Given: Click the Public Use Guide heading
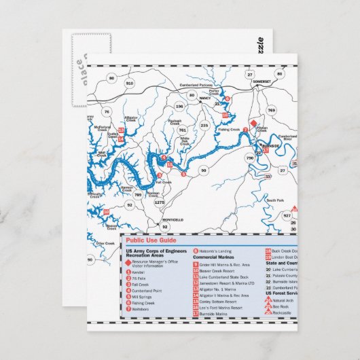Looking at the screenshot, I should pyautogui.click(x=151, y=240).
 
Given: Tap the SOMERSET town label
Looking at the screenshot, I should pyautogui.click(x=261, y=82).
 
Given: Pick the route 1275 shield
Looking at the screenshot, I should pyautogui.click(x=160, y=202).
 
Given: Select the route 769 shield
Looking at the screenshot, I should pyautogui.click(x=271, y=109).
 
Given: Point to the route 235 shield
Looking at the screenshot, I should pyautogui.click(x=204, y=125).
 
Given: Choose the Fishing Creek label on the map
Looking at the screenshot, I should pyautogui.click(x=230, y=129).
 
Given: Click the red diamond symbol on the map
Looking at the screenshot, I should pyautogui.click(x=253, y=123).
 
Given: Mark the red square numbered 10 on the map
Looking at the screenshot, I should pyautogui.click(x=105, y=212).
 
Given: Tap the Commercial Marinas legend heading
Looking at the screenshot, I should pyautogui.click(x=213, y=257).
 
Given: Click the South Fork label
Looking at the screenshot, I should pyautogui.click(x=275, y=201).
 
